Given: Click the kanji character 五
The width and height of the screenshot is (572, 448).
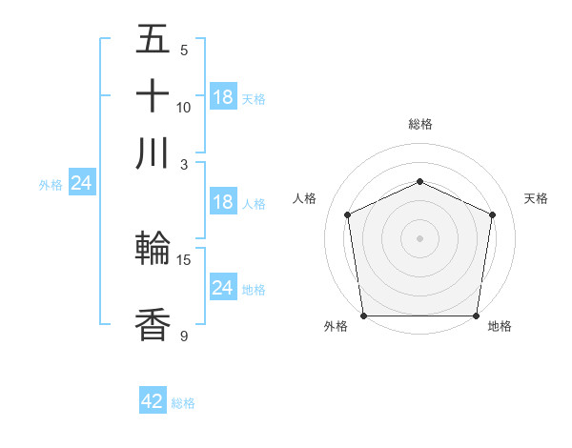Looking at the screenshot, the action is pyautogui.click(x=153, y=40).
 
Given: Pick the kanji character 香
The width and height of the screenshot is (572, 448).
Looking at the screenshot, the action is pyautogui.click(x=153, y=325).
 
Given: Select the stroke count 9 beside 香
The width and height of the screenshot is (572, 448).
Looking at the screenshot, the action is pyautogui.click(x=184, y=336).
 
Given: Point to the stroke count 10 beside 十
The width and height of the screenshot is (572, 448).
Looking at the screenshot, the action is pyautogui.click(x=184, y=107).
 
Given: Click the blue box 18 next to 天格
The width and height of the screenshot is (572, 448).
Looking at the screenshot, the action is pyautogui.click(x=223, y=96).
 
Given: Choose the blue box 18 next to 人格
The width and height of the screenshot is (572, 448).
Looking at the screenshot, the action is pyautogui.click(x=223, y=202).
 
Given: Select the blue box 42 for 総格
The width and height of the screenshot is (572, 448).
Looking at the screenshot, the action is pyautogui.click(x=153, y=401).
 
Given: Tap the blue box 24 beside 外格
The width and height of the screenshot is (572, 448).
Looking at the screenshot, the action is pyautogui.click(x=81, y=183).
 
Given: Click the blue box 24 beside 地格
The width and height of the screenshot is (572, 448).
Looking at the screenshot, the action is pyautogui.click(x=223, y=288).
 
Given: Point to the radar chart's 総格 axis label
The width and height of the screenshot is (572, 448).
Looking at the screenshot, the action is pyautogui.click(x=419, y=124).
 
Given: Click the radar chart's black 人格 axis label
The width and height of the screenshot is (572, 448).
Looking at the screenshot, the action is pyautogui.click(x=305, y=198).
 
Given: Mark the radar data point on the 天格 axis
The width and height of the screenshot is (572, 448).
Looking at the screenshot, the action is pyautogui.click(x=492, y=214).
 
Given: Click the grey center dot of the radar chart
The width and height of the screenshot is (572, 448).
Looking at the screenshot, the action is pyautogui.click(x=419, y=237).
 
